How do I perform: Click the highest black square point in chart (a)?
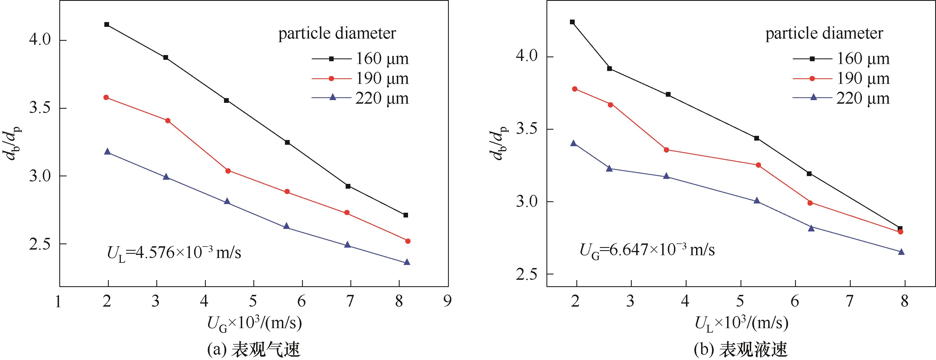click(x=107, y=24)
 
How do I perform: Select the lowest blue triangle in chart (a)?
click(x=407, y=262)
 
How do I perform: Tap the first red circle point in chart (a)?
click(x=106, y=97)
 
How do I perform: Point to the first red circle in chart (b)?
click(x=574, y=89)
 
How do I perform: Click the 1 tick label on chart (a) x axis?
click(x=58, y=302)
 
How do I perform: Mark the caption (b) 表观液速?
click(x=741, y=350)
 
